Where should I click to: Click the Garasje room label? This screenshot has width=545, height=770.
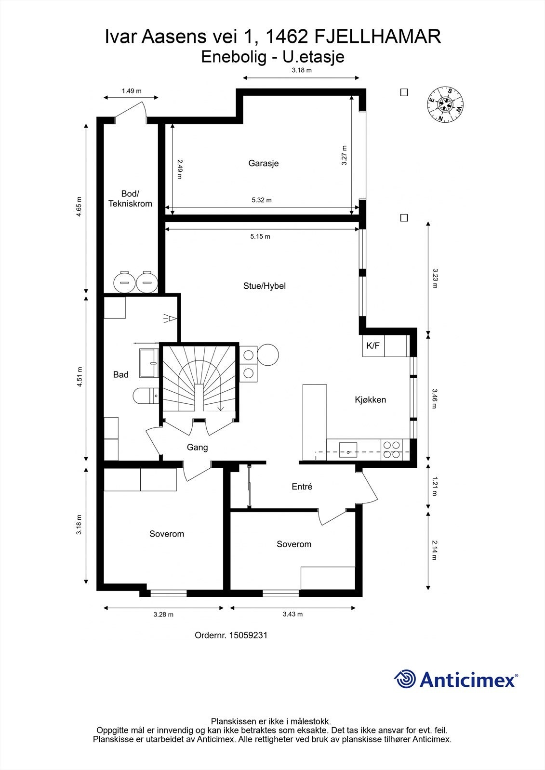[263, 163]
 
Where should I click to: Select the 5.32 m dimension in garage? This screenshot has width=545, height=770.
[262, 200]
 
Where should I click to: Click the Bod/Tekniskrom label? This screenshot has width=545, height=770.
[130, 199]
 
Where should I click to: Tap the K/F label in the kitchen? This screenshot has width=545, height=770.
[373, 346]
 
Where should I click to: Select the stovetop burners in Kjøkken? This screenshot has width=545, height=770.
[391, 449]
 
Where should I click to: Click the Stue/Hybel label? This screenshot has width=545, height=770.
[265, 286]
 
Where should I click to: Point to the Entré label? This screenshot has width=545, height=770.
[302, 487]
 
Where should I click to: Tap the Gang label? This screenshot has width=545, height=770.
[197, 448]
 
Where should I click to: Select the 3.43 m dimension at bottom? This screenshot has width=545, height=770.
[292, 615]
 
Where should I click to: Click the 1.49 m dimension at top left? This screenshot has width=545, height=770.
[131, 91]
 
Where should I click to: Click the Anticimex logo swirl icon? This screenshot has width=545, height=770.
[405, 679]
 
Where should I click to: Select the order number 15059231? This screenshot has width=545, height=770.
[248, 635]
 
